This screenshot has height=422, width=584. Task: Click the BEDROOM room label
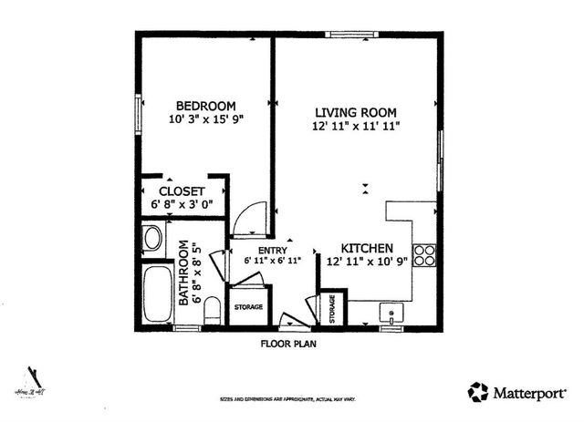point(206,105)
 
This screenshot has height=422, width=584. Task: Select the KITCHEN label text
point(367,248)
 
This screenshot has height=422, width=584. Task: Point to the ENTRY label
point(273,250)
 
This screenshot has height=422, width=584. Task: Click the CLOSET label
point(180,191)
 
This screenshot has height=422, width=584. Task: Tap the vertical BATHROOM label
point(183,272)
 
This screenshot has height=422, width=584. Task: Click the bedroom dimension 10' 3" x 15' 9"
point(206,119)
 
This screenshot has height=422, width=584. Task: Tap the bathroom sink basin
point(152,239)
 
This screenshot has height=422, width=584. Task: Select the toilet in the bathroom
point(212,309)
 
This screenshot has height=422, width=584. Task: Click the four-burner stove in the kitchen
point(424,254)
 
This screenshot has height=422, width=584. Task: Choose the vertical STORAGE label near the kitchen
point(332,309)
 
